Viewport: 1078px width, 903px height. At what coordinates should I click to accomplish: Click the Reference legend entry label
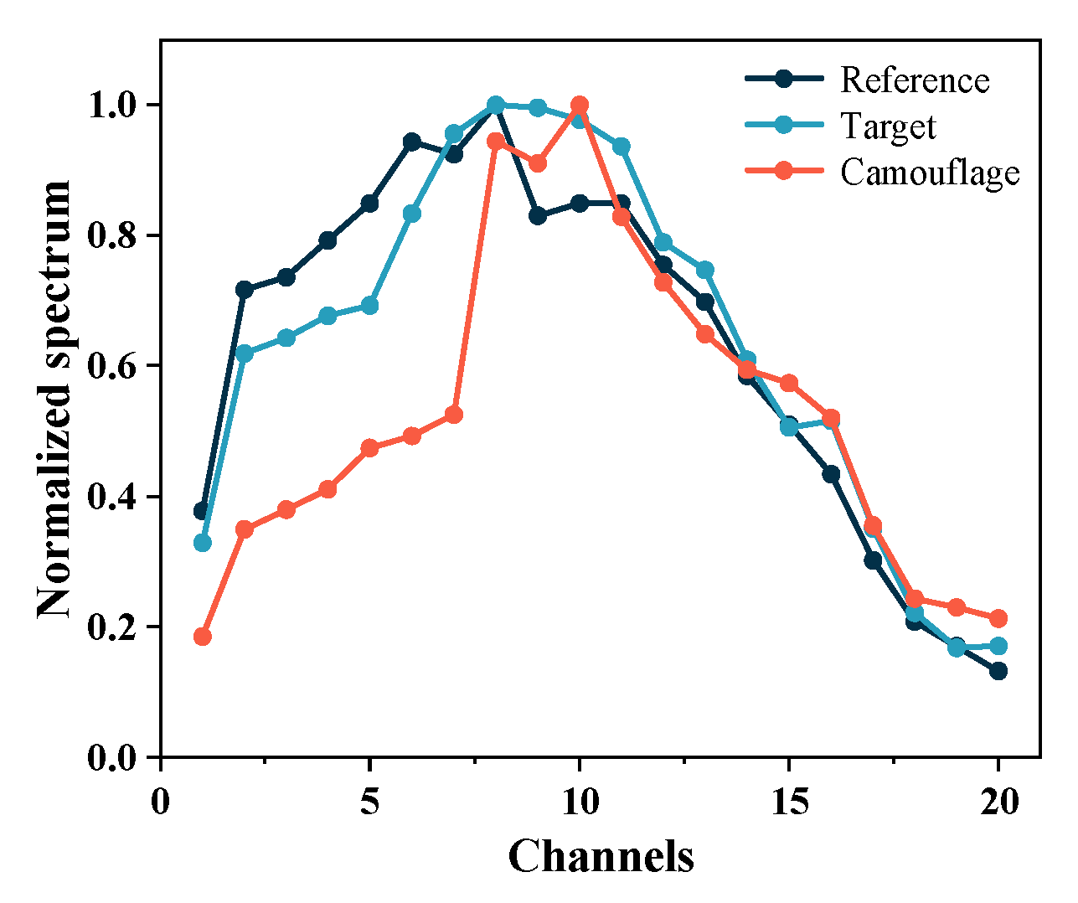pyautogui.click(x=915, y=80)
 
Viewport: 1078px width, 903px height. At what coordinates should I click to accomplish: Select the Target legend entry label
pyautogui.click(x=888, y=126)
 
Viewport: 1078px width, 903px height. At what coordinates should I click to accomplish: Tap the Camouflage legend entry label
pyautogui.click(x=930, y=172)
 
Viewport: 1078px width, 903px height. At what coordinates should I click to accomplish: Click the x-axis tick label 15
pyautogui.click(x=789, y=802)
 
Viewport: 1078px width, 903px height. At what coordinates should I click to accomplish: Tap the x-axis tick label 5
pyautogui.click(x=369, y=802)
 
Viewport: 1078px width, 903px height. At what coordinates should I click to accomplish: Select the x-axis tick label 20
pyautogui.click(x=998, y=802)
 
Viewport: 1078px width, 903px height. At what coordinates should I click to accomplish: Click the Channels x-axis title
pyautogui.click(x=601, y=856)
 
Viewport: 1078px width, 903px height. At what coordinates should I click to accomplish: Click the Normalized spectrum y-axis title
pyautogui.click(x=55, y=399)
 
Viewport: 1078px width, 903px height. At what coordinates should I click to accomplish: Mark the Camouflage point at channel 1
pyautogui.click(x=202, y=637)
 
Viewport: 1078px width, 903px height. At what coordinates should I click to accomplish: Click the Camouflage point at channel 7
pyautogui.click(x=454, y=415)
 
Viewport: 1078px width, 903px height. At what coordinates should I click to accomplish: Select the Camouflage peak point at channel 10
pyautogui.click(x=580, y=105)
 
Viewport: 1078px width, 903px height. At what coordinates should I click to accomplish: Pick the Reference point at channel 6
pyautogui.click(x=412, y=142)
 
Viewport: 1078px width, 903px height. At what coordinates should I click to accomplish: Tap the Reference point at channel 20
pyautogui.click(x=998, y=671)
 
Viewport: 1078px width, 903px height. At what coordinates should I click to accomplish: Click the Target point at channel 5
pyautogui.click(x=369, y=306)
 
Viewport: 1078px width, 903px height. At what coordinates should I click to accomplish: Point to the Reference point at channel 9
pyautogui.click(x=538, y=216)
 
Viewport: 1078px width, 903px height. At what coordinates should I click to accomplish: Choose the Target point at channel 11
pyautogui.click(x=622, y=147)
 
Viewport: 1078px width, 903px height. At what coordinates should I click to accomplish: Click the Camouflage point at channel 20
pyautogui.click(x=998, y=618)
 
